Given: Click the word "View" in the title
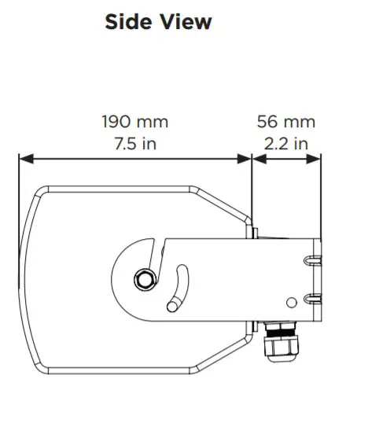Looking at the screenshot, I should tap(184, 22).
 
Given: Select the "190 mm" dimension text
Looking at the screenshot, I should tap(134, 122).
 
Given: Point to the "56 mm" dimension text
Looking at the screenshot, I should tap(285, 122).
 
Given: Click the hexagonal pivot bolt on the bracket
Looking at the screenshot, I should tap(143, 278).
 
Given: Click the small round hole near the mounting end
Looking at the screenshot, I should tap(292, 302).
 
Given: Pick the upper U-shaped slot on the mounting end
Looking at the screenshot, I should tap(312, 260).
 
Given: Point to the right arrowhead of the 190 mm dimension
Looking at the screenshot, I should tap(245, 159).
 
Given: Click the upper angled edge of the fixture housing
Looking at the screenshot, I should tap(220, 202).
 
